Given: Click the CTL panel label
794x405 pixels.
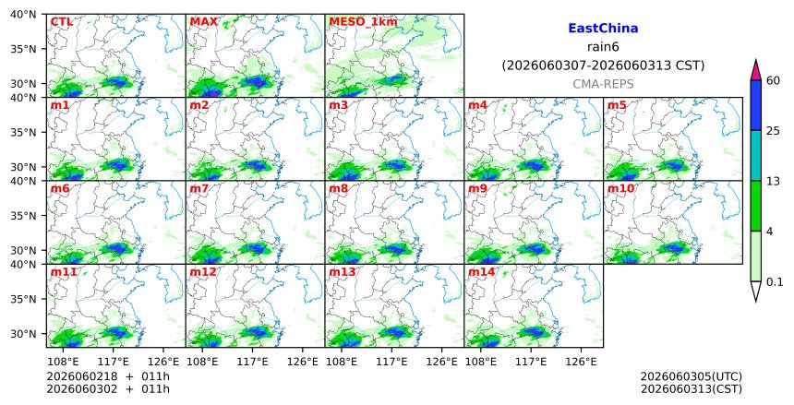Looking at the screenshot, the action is point(61,22).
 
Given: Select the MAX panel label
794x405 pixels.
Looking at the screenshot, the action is point(204,22).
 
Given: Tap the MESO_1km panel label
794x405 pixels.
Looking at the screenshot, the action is point(363,22).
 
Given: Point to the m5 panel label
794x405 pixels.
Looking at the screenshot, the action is point(617,105).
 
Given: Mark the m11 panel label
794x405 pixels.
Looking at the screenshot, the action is point(64,272).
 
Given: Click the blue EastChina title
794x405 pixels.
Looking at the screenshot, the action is point(603,29).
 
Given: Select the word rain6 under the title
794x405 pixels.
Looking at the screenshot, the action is point(603,47).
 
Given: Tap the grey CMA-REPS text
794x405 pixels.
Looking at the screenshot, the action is point(603,84).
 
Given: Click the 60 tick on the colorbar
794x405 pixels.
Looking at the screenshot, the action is point(774,80).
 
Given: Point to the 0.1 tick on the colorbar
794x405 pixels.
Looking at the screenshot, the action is point(775,282).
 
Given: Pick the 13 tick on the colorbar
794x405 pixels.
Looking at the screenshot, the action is point(774,181).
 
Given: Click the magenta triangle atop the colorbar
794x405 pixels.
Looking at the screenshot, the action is point(756,70).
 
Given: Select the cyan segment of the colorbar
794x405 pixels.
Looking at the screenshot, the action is point(756,155).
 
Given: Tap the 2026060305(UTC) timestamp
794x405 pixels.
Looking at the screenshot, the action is point(692,376).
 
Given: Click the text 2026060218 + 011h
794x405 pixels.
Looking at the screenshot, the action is point(108,376).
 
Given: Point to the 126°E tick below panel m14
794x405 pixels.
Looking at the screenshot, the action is point(581,362).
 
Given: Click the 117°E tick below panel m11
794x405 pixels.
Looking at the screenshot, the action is point(113,362).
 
